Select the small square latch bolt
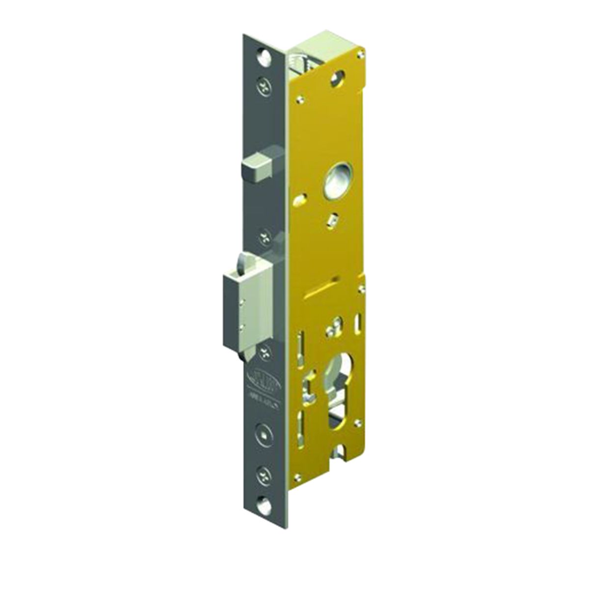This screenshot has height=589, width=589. coord(257,167)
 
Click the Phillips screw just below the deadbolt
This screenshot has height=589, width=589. coord(265,350)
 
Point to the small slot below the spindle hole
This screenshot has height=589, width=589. coord(333,219)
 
